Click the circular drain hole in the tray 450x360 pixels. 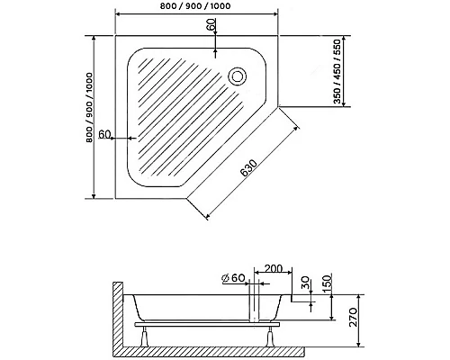tap(238, 76)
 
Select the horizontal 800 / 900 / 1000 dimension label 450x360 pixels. tap(195, 5)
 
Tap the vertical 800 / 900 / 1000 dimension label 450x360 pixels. tap(90, 107)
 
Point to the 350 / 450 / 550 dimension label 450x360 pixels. tap(337, 71)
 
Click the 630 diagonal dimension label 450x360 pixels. tap(248, 168)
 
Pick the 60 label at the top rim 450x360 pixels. tap(211, 24)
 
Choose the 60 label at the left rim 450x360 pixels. tap(105, 134)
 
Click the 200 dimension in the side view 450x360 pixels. tap(273, 268)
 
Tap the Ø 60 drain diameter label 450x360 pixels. tap(234, 278)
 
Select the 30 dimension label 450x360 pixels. tap(305, 283)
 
